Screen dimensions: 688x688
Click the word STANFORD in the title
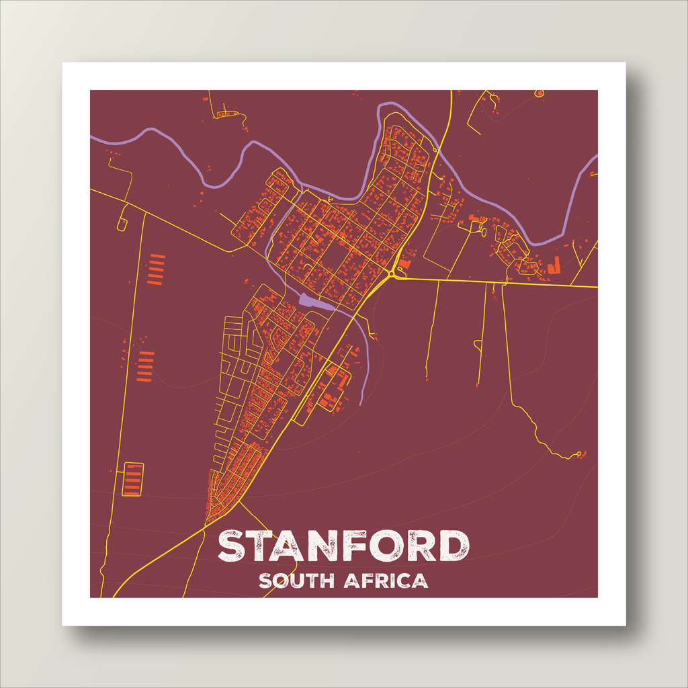343,546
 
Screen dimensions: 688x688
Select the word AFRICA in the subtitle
386,580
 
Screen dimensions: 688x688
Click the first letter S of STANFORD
232,546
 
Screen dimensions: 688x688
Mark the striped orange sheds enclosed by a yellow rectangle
133,479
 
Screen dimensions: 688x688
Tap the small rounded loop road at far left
122,222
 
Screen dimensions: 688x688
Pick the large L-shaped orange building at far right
555,265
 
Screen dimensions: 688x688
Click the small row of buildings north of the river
227,114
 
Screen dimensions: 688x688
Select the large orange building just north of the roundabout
406,263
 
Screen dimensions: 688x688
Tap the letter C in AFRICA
402,580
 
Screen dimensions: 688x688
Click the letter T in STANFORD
259,546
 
